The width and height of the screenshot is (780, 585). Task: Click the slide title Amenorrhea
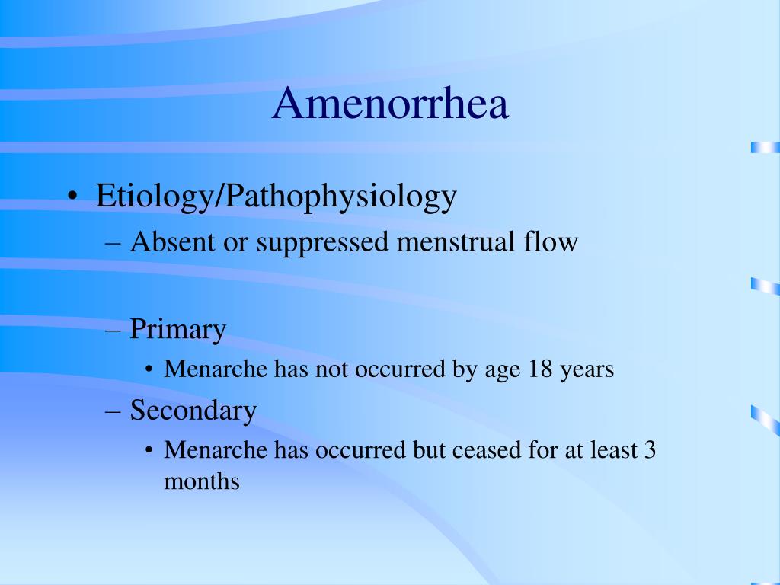[391, 103]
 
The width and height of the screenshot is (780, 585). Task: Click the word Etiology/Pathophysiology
[276, 197]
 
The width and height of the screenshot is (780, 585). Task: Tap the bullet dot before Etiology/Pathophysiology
[73, 196]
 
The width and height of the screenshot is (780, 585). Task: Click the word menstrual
[456, 241]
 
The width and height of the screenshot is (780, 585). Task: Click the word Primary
[178, 330]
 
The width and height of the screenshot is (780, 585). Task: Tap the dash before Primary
[113, 331]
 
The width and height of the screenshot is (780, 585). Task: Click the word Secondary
[193, 411]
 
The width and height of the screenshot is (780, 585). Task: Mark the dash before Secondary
[113, 411]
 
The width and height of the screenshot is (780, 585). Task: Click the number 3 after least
[650, 449]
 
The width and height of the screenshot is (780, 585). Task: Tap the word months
[201, 481]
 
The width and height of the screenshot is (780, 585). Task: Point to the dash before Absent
[113, 243]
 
